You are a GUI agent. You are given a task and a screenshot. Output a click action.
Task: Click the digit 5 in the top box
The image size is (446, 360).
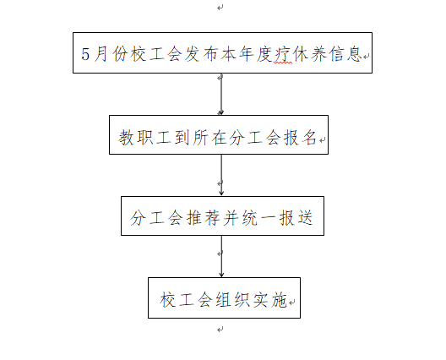click(85, 54)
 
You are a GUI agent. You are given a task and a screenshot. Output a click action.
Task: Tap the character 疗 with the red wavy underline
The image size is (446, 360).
click(283, 54)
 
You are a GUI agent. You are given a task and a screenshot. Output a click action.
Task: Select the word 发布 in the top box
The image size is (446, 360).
click(200, 54)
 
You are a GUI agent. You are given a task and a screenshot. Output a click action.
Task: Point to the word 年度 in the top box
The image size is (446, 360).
click(255, 54)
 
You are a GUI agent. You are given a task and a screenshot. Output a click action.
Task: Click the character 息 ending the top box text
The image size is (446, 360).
click(355, 54)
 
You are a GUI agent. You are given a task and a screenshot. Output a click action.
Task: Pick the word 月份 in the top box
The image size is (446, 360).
click(111, 54)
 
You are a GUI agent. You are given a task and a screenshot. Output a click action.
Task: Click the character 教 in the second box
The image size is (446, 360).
click(127, 138)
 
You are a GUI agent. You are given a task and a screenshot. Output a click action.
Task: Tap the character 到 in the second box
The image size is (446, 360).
click(182, 138)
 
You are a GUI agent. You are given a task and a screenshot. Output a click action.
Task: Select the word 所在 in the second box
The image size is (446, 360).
click(209, 138)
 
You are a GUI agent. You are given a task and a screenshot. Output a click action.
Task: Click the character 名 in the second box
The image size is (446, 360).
click(309, 138)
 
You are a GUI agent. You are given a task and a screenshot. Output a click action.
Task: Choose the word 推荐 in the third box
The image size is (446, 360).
click(203, 218)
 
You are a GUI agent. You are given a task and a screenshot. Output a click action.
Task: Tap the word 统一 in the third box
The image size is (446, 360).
click(258, 218)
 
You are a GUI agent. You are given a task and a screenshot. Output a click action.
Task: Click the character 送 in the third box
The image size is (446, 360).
click(305, 218)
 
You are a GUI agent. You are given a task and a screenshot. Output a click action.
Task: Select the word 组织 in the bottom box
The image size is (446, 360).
click(232, 300)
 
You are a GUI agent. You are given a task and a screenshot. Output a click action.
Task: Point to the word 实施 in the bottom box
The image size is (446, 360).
click(269, 300)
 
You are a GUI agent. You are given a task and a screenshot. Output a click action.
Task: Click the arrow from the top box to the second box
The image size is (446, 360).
click(221, 94)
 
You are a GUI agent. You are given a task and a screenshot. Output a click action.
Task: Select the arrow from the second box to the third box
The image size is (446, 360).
click(221, 175)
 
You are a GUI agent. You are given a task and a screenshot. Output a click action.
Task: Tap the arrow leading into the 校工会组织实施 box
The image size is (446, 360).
click(221, 256)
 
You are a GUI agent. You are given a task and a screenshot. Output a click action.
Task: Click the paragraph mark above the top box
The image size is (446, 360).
click(220, 8)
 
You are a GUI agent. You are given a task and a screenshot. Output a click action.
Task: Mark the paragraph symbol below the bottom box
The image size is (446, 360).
click(220, 330)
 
